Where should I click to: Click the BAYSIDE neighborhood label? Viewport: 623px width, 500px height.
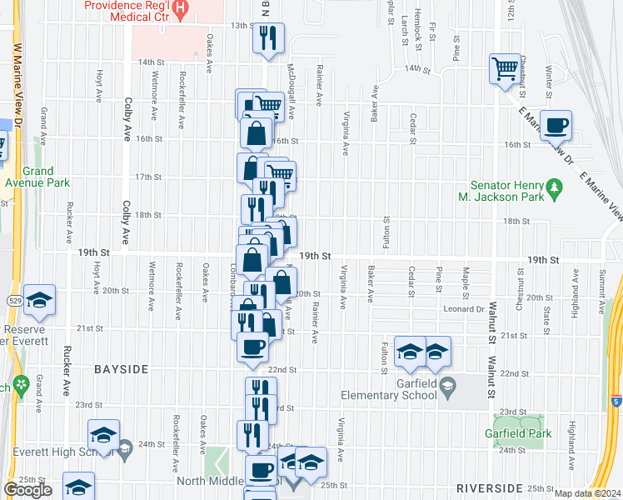121,368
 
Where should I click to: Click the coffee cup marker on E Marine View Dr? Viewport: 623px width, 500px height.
556,125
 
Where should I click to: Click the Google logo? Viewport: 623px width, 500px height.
27,490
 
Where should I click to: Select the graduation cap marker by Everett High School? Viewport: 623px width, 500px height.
104,435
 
